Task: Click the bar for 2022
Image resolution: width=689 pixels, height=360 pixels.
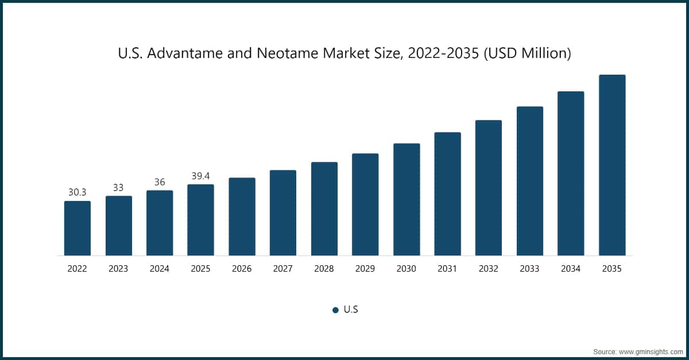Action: [77, 228]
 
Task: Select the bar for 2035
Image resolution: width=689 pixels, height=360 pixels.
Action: [612, 165]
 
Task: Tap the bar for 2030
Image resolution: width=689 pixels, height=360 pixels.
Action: [407, 199]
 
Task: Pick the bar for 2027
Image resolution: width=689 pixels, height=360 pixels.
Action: [283, 212]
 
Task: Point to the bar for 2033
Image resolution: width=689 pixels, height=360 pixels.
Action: [530, 181]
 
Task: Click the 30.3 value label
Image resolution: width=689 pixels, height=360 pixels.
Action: [77, 192]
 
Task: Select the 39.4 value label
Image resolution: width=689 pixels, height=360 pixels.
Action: [200, 176]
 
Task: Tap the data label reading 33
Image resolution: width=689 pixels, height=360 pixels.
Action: [118, 188]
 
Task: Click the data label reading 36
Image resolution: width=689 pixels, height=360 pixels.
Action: [160, 182]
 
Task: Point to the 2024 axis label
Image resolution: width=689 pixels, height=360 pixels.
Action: [160, 269]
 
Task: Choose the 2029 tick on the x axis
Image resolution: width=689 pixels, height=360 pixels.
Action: [365, 269]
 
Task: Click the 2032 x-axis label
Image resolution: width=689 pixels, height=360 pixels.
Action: [489, 269]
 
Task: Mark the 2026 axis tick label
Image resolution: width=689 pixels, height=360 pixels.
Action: [242, 269]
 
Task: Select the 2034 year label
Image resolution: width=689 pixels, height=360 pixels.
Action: [571, 269]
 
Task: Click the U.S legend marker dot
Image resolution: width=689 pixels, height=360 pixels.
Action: [335, 310]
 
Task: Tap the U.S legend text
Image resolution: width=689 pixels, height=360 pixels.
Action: [351, 309]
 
